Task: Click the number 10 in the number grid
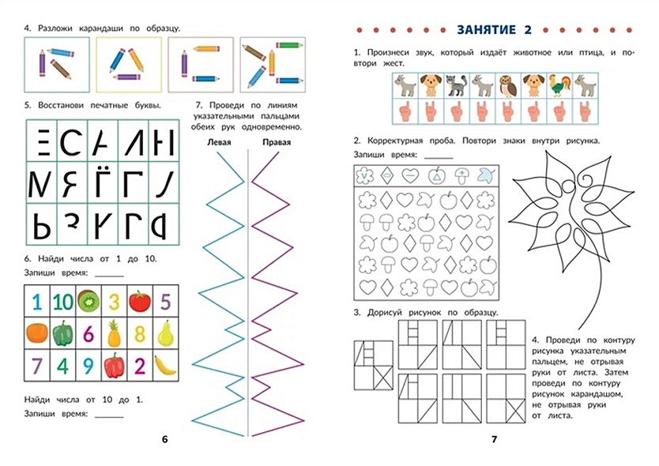click(63, 301)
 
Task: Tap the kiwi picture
click(88, 301)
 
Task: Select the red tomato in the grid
click(140, 301)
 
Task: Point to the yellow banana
click(166, 366)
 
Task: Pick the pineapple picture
click(114, 333)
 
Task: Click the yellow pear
click(166, 333)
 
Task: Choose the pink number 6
click(88, 334)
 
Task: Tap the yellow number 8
click(140, 334)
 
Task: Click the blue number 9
click(88, 366)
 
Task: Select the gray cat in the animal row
click(457, 86)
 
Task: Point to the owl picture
click(509, 86)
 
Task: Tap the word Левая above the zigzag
click(219, 142)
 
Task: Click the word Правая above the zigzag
click(277, 142)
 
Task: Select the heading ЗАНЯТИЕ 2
click(495, 30)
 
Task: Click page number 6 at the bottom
click(164, 439)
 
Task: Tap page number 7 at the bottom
click(495, 439)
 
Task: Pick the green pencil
click(289, 45)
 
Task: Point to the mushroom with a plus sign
click(462, 176)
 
